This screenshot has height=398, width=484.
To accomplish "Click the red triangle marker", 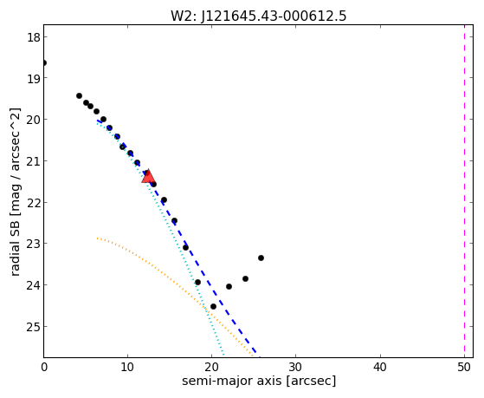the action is pyautogui.click(x=148, y=176).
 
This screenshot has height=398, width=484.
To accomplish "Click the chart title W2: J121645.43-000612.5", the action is pyautogui.click(x=259, y=16).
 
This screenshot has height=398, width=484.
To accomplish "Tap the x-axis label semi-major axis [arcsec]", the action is pyautogui.click(x=259, y=381).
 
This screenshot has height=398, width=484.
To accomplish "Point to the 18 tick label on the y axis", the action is pyautogui.click(x=34, y=37).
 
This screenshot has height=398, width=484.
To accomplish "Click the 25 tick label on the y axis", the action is pyautogui.click(x=34, y=327).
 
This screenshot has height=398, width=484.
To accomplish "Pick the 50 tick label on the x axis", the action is pyautogui.click(x=464, y=367).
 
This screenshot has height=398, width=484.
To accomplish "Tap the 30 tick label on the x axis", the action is pyautogui.click(x=296, y=367).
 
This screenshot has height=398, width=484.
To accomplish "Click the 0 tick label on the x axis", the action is pyautogui.click(x=44, y=367).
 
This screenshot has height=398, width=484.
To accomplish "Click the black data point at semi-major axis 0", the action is pyautogui.click(x=44, y=63).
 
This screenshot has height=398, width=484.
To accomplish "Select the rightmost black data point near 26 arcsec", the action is pyautogui.click(x=261, y=258).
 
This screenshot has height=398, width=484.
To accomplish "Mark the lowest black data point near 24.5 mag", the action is pyautogui.click(x=213, y=306).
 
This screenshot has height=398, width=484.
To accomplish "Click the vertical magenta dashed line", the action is pyautogui.click(x=464, y=191).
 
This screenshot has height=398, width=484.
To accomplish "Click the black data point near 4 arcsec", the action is pyautogui.click(x=79, y=96).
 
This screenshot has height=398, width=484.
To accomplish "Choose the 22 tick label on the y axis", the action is pyautogui.click(x=34, y=203).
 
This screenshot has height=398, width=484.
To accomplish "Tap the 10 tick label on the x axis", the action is pyautogui.click(x=127, y=367).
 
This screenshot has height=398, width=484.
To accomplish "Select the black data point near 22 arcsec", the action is pyautogui.click(x=229, y=287).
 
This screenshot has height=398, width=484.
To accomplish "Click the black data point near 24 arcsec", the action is pyautogui.click(x=245, y=278).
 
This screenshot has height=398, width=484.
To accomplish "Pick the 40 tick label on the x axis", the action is pyautogui.click(x=380, y=367).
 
